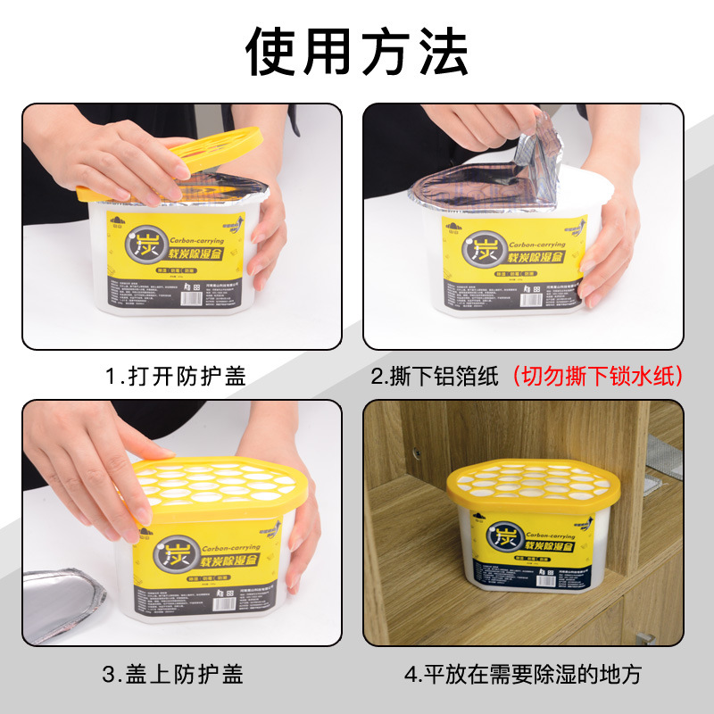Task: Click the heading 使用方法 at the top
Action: point(357,51)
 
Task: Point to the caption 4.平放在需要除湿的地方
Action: point(522,674)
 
